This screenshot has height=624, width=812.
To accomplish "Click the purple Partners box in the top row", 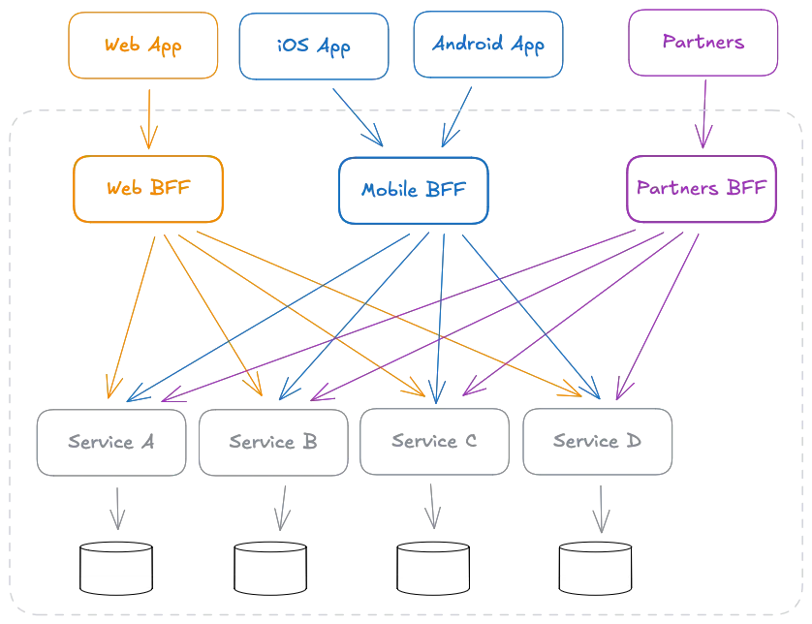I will pyautogui.click(x=705, y=45).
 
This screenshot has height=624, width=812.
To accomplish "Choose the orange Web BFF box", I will pyautogui.click(x=148, y=189).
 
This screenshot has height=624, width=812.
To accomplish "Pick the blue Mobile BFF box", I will pyautogui.click(x=413, y=190).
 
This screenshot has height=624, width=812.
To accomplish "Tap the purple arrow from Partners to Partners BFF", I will pyautogui.click(x=704, y=114).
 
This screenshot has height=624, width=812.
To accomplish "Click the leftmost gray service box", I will pyautogui.click(x=108, y=442).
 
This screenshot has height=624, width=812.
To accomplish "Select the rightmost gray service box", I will pyautogui.click(x=597, y=442).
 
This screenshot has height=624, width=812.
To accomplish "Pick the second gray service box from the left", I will pyautogui.click(x=271, y=442).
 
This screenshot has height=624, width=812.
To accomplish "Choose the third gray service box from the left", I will pyautogui.click(x=433, y=442).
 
